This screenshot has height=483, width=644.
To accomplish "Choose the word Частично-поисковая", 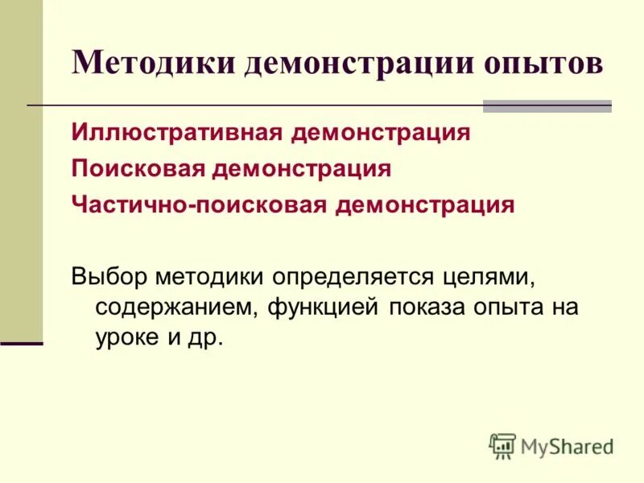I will [199, 204].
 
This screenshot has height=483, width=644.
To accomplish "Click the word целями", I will [497, 276].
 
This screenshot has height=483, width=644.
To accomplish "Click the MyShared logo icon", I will [502, 446].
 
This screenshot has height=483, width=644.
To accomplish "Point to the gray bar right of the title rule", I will [547, 105].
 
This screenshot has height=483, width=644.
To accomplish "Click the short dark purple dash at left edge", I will [21, 343].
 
